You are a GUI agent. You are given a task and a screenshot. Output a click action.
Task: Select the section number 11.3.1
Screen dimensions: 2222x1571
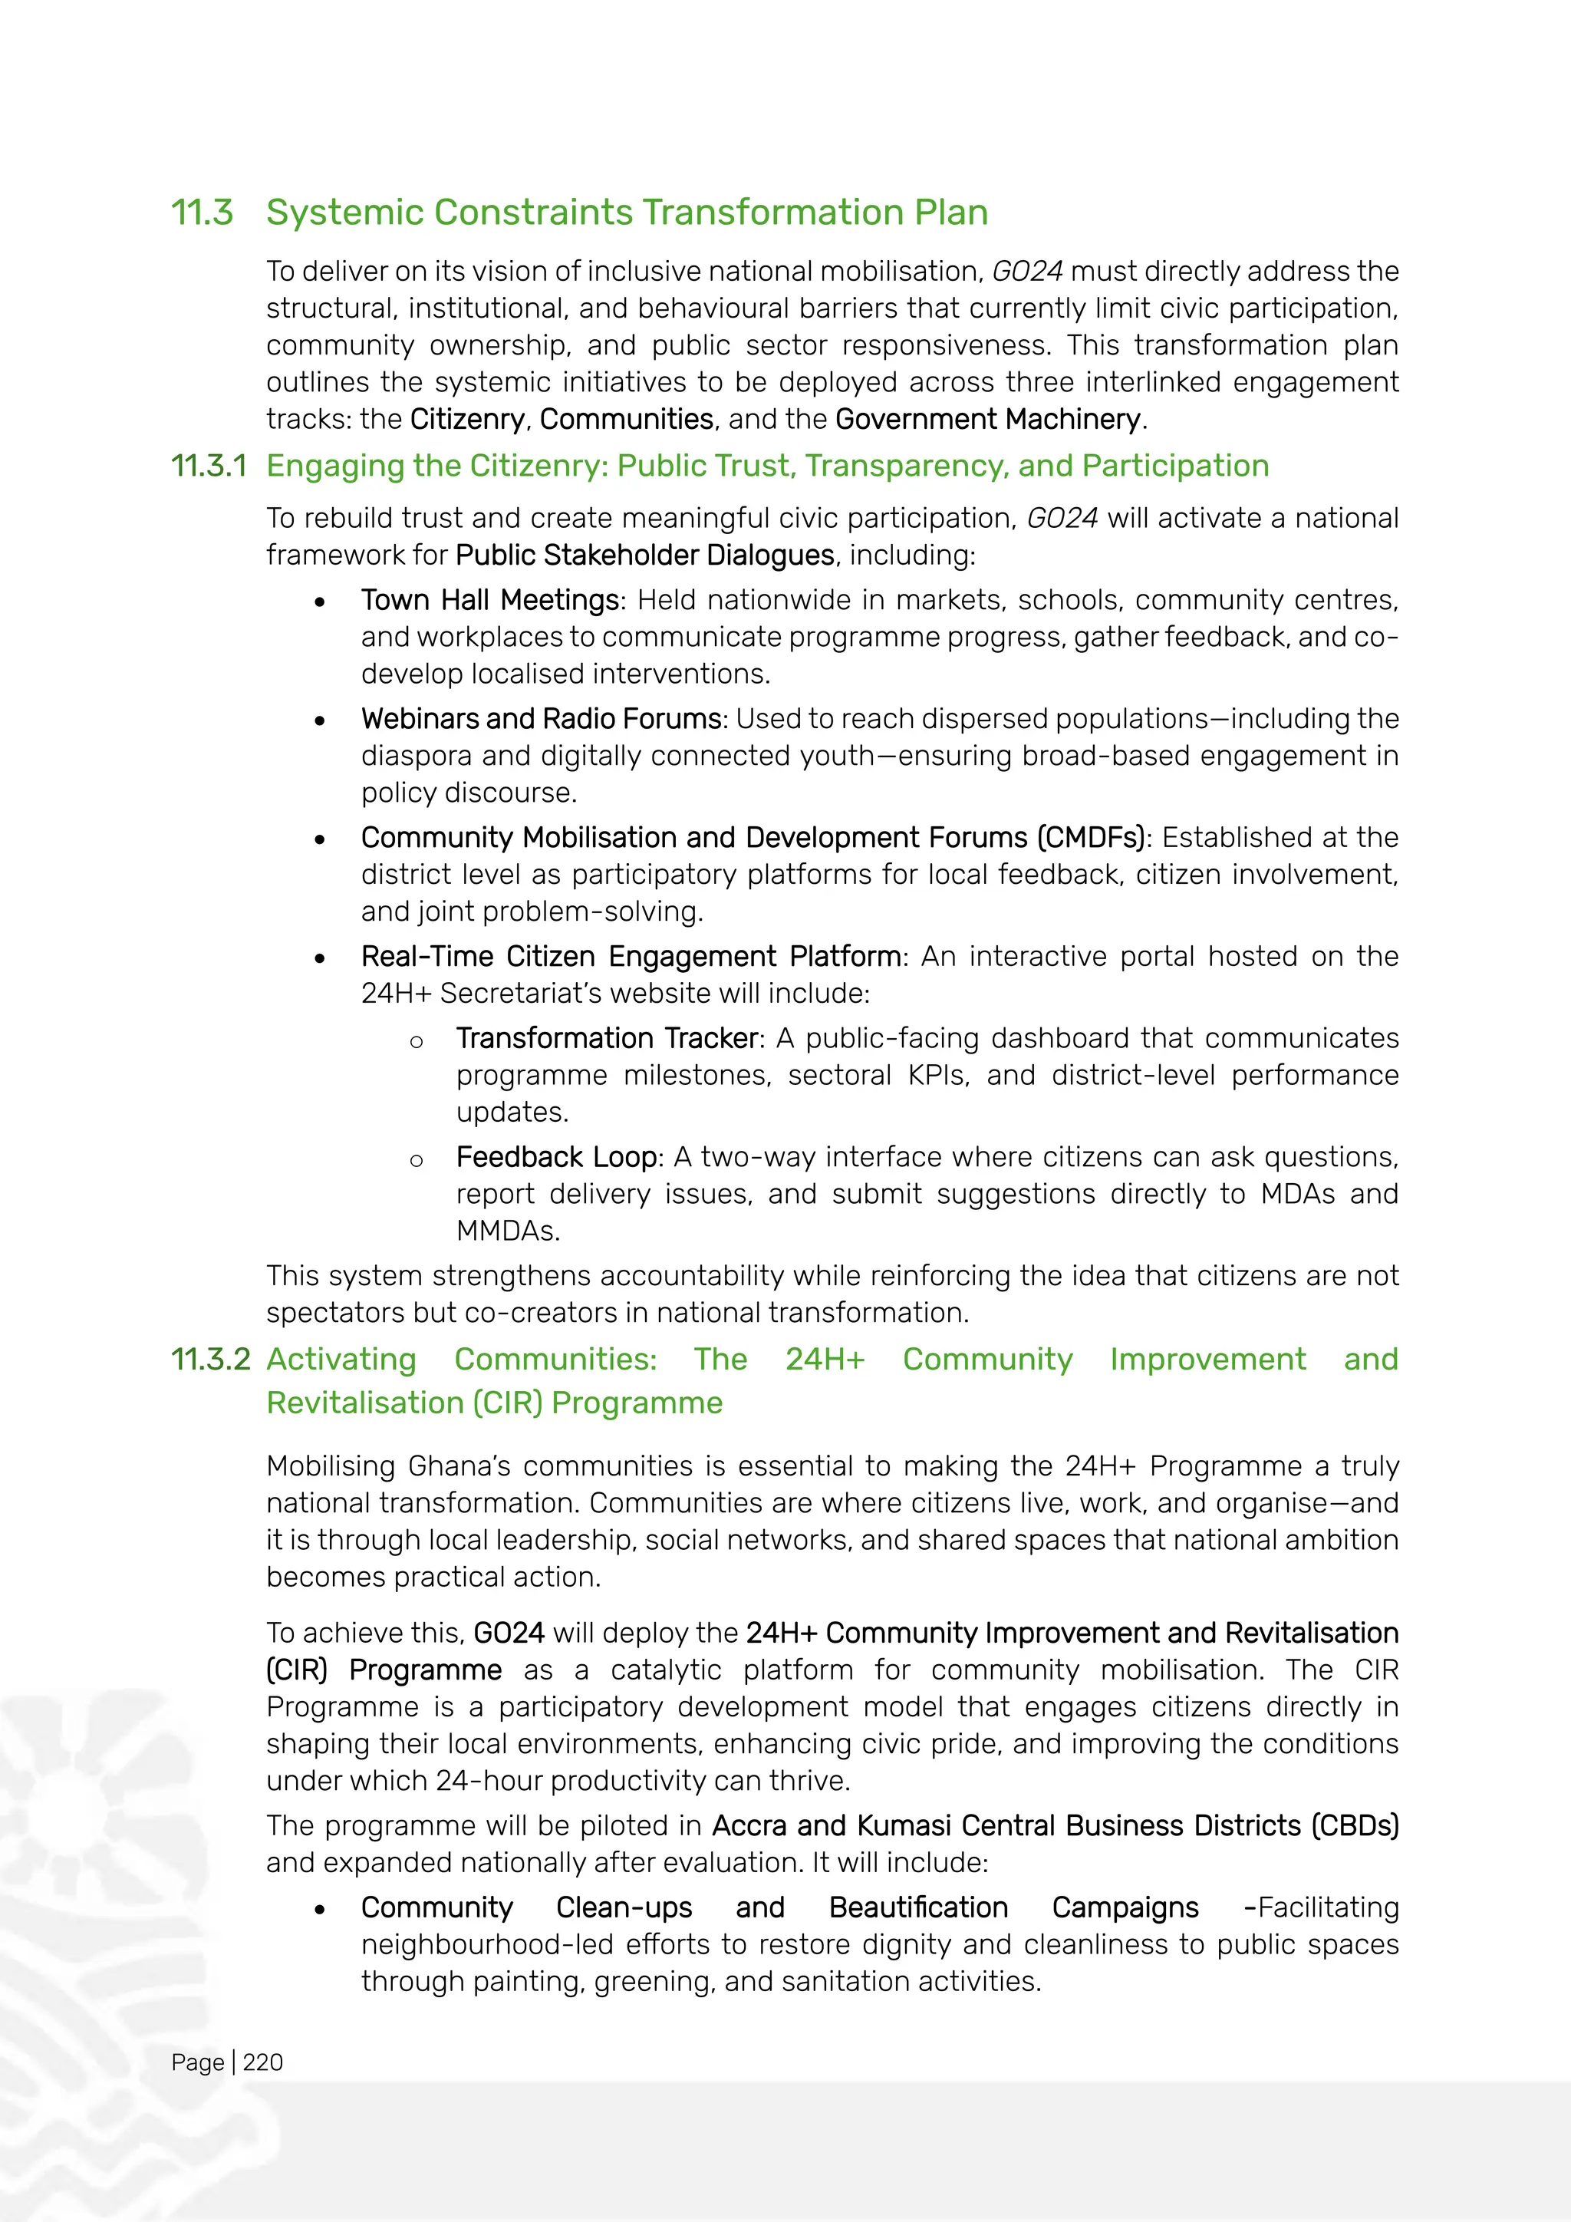point(208,466)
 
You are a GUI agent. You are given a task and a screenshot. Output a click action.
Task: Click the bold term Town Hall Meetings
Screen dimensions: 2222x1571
point(490,601)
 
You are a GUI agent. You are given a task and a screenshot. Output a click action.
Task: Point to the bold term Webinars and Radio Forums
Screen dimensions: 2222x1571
point(541,719)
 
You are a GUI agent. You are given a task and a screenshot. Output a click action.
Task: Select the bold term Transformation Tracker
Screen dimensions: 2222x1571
point(608,1038)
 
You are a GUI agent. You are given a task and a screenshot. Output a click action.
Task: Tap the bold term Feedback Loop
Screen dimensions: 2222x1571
point(556,1158)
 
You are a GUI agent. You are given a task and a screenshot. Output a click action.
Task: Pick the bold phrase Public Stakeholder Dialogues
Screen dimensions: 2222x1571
point(644,555)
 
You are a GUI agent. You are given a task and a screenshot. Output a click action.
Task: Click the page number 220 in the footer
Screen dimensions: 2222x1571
point(263,2062)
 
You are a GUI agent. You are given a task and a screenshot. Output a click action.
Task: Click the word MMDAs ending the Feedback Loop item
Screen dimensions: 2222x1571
point(507,1232)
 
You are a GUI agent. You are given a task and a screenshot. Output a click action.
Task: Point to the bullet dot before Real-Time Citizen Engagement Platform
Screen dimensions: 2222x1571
point(320,958)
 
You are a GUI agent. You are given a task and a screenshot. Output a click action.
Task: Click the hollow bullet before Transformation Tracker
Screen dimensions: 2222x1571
point(416,1042)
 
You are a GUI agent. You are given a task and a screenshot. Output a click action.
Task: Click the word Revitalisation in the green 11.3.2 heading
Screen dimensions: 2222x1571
point(364,1403)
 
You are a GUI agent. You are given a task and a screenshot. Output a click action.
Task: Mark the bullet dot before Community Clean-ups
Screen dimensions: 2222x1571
point(320,1910)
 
